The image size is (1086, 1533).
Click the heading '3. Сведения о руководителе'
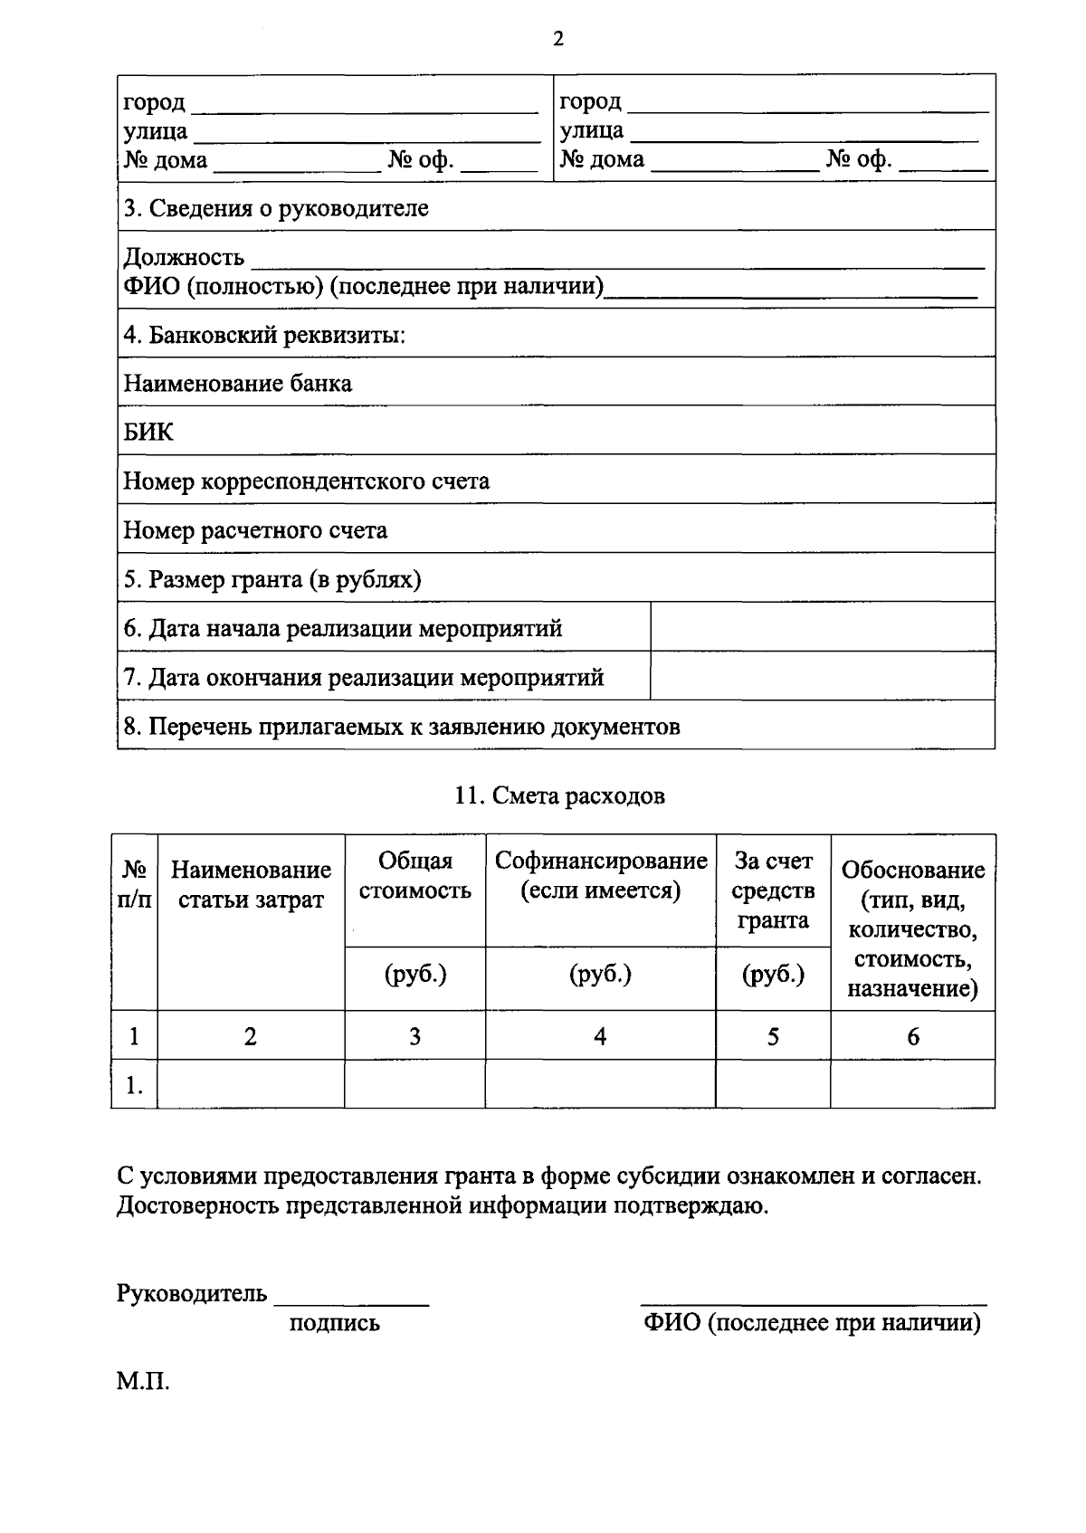276,208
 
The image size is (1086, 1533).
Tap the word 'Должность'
184,258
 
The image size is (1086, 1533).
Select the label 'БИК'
148,432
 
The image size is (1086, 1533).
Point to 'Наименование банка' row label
238,383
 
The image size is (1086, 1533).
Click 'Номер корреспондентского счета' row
307,481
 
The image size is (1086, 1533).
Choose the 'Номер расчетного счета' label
255,530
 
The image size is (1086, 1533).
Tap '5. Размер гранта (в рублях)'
272,579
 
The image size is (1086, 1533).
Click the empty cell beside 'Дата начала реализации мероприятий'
822,626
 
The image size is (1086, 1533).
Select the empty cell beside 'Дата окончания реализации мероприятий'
822,676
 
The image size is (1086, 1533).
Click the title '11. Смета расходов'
559,795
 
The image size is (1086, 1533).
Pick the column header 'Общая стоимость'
414,875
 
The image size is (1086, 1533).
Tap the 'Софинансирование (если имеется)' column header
601,875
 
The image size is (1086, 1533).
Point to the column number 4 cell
600,1036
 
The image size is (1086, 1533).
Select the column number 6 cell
912,1036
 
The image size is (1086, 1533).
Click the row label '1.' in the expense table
134,1084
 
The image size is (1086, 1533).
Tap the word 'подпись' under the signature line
335,1323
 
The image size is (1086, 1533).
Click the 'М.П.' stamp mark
143,1382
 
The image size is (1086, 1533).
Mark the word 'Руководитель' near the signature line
192,1293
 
